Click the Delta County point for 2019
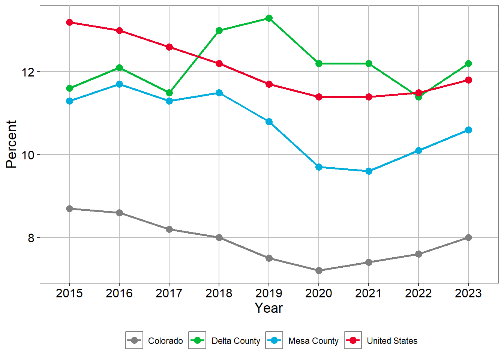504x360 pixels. [x=269, y=18]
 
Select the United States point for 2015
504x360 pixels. [x=69, y=22]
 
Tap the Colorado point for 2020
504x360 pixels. [x=319, y=270]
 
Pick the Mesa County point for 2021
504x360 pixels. [x=369, y=171]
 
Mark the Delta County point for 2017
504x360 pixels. [x=169, y=93]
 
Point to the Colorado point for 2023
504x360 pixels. [x=468, y=237]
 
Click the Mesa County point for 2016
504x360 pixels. [x=119, y=84]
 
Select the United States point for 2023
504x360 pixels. [x=468, y=80]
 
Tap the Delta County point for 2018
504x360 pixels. [x=219, y=30]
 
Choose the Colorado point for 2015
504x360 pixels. [x=69, y=208]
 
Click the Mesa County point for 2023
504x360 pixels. [x=468, y=130]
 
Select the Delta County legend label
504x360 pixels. [x=235, y=341]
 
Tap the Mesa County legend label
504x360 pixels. [x=313, y=341]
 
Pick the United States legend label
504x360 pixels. [x=392, y=341]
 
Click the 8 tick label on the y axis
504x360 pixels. [x=31, y=238]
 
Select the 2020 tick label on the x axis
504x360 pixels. [x=319, y=293]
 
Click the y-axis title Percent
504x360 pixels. [x=12, y=144]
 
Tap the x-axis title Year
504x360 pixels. [x=268, y=308]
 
